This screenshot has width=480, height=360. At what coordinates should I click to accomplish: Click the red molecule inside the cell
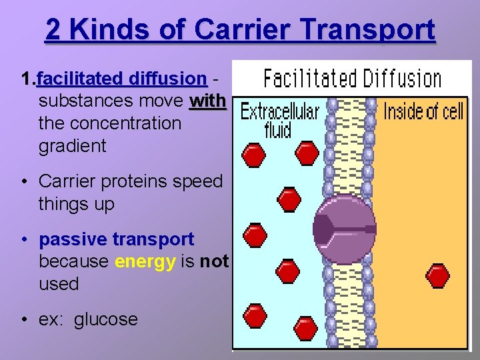pos(437,275)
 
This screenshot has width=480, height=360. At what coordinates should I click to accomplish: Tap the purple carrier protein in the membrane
pos(345,228)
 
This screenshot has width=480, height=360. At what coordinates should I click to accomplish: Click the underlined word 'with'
pos(208,102)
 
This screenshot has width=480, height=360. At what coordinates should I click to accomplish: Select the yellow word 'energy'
pos(145,261)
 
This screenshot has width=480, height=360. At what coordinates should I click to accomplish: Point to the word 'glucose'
pos(106,319)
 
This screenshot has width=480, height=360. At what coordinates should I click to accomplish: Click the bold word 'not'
pos(214,261)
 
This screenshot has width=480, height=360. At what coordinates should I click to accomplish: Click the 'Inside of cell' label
pos(423,111)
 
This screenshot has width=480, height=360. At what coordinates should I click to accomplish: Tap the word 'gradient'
pos(73,146)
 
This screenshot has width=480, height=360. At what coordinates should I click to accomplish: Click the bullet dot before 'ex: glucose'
pos(24,320)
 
